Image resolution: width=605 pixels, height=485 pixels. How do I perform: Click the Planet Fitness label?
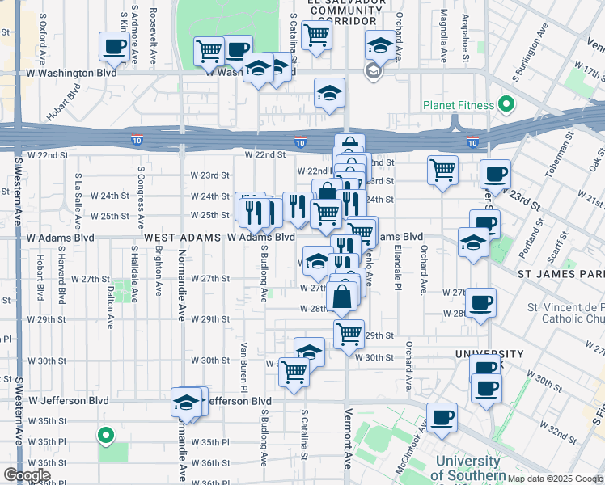tap(457, 105)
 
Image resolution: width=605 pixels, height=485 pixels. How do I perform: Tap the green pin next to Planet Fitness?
tap(506, 104)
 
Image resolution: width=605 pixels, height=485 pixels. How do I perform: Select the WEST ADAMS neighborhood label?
tap(183, 238)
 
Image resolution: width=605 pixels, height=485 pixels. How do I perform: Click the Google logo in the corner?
tap(27, 475)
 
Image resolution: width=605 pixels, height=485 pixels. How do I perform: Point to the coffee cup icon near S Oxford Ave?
tap(114, 46)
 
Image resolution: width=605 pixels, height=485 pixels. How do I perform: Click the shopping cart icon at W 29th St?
tap(349, 331)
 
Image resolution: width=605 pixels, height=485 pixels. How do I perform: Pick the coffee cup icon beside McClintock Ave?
tap(442, 418)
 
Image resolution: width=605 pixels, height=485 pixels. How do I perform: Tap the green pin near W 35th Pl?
tap(105, 436)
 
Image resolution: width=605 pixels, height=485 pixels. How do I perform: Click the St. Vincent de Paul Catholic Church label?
tap(566, 314)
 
